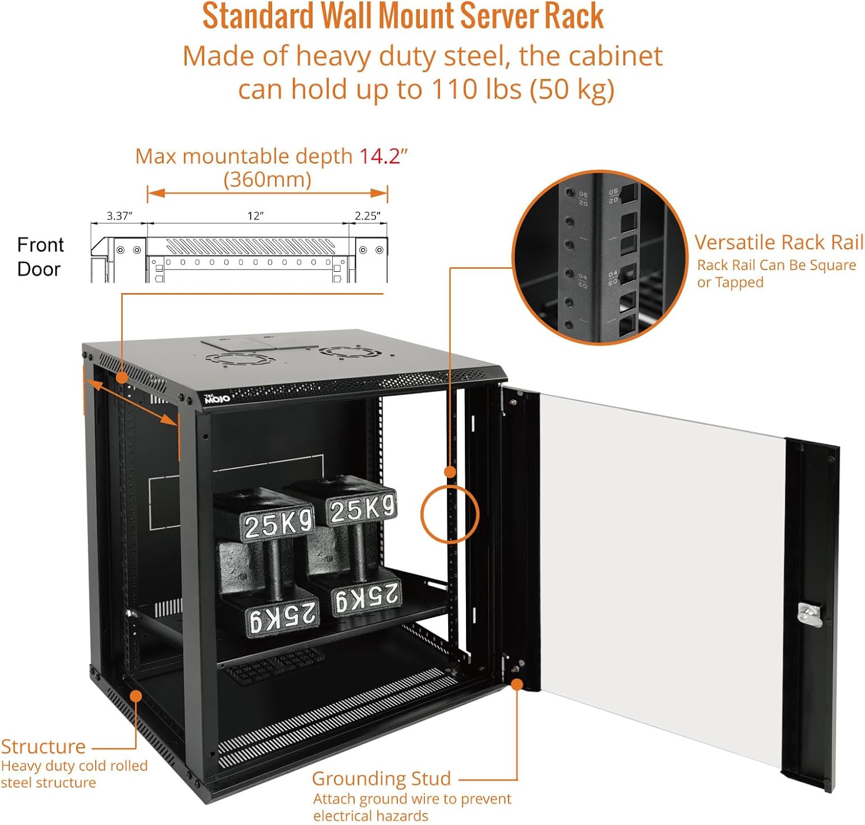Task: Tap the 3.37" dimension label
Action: tap(119, 216)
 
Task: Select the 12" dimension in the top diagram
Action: tap(255, 216)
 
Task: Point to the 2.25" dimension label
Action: tap(367, 216)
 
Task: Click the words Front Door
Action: tap(39, 257)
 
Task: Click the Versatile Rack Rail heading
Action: tap(778, 242)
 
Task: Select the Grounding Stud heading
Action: tap(381, 778)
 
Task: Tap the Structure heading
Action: tap(43, 747)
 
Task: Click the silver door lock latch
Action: tap(808, 614)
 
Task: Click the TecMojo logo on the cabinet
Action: tap(217, 399)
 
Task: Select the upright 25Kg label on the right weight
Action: tap(362, 509)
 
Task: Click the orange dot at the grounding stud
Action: tap(517, 684)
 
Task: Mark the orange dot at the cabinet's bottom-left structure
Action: tap(136, 696)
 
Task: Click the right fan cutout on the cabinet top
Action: tap(345, 352)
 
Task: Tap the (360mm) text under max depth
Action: tap(268, 179)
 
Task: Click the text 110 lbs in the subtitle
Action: tap(476, 89)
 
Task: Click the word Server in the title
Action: tap(499, 16)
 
